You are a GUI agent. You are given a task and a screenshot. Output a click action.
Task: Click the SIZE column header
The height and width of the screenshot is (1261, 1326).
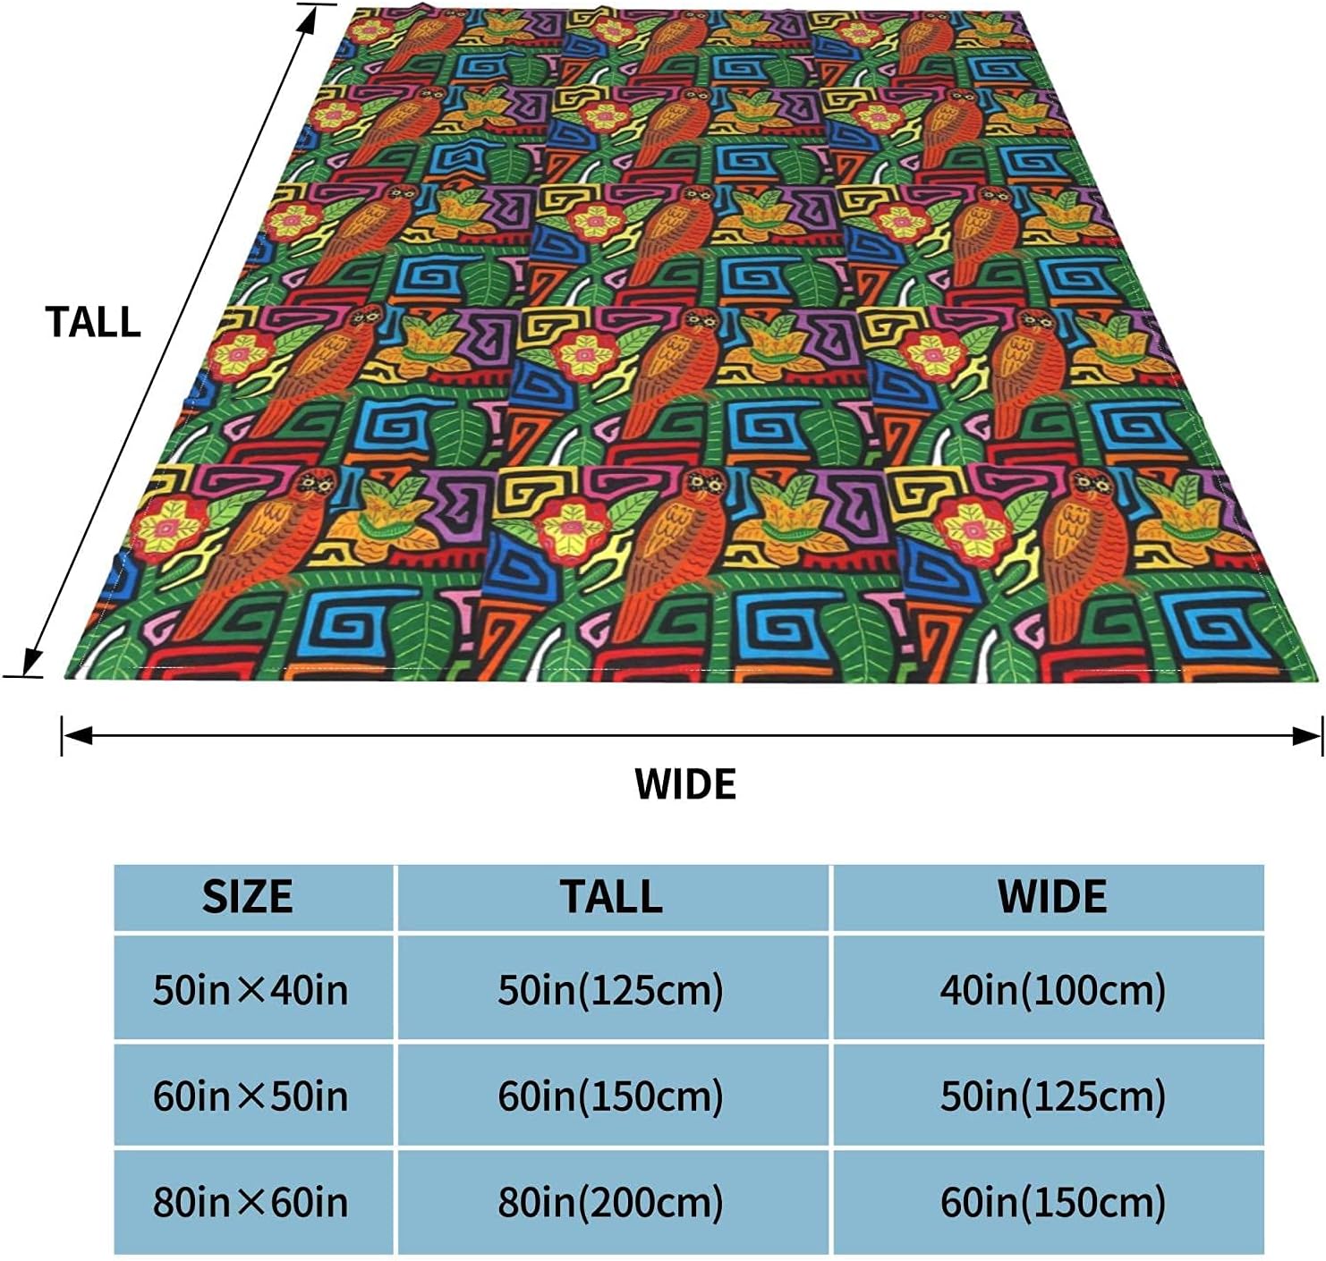coord(248,897)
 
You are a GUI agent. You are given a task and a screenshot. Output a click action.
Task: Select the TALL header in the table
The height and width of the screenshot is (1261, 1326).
coord(611,897)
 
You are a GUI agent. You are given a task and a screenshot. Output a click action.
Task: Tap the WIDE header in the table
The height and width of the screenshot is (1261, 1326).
coord(1052,897)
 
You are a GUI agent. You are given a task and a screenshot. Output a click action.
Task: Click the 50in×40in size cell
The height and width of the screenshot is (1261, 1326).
coord(251,990)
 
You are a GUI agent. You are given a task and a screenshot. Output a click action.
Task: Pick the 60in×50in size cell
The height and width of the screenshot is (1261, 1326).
coord(251,1096)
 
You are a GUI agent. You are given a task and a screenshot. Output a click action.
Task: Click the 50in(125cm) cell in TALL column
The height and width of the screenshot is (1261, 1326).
coord(611,990)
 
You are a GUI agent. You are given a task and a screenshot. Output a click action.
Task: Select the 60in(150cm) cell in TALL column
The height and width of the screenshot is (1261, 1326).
coord(611,1096)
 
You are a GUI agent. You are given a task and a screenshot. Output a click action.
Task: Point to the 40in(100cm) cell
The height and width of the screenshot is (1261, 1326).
coord(1052,990)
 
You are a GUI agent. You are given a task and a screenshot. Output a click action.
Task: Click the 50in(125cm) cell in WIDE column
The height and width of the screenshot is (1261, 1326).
coord(1052,1096)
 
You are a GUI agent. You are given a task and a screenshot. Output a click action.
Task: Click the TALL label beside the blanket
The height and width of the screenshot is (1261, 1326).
coord(93,323)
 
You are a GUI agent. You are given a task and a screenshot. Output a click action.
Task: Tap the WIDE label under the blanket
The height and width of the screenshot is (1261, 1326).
coord(685,784)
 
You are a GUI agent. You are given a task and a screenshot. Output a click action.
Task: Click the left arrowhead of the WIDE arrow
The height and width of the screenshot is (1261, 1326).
coord(75,736)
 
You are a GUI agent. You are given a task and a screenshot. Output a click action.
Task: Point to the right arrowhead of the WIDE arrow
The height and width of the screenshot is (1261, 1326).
coord(1309,736)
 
